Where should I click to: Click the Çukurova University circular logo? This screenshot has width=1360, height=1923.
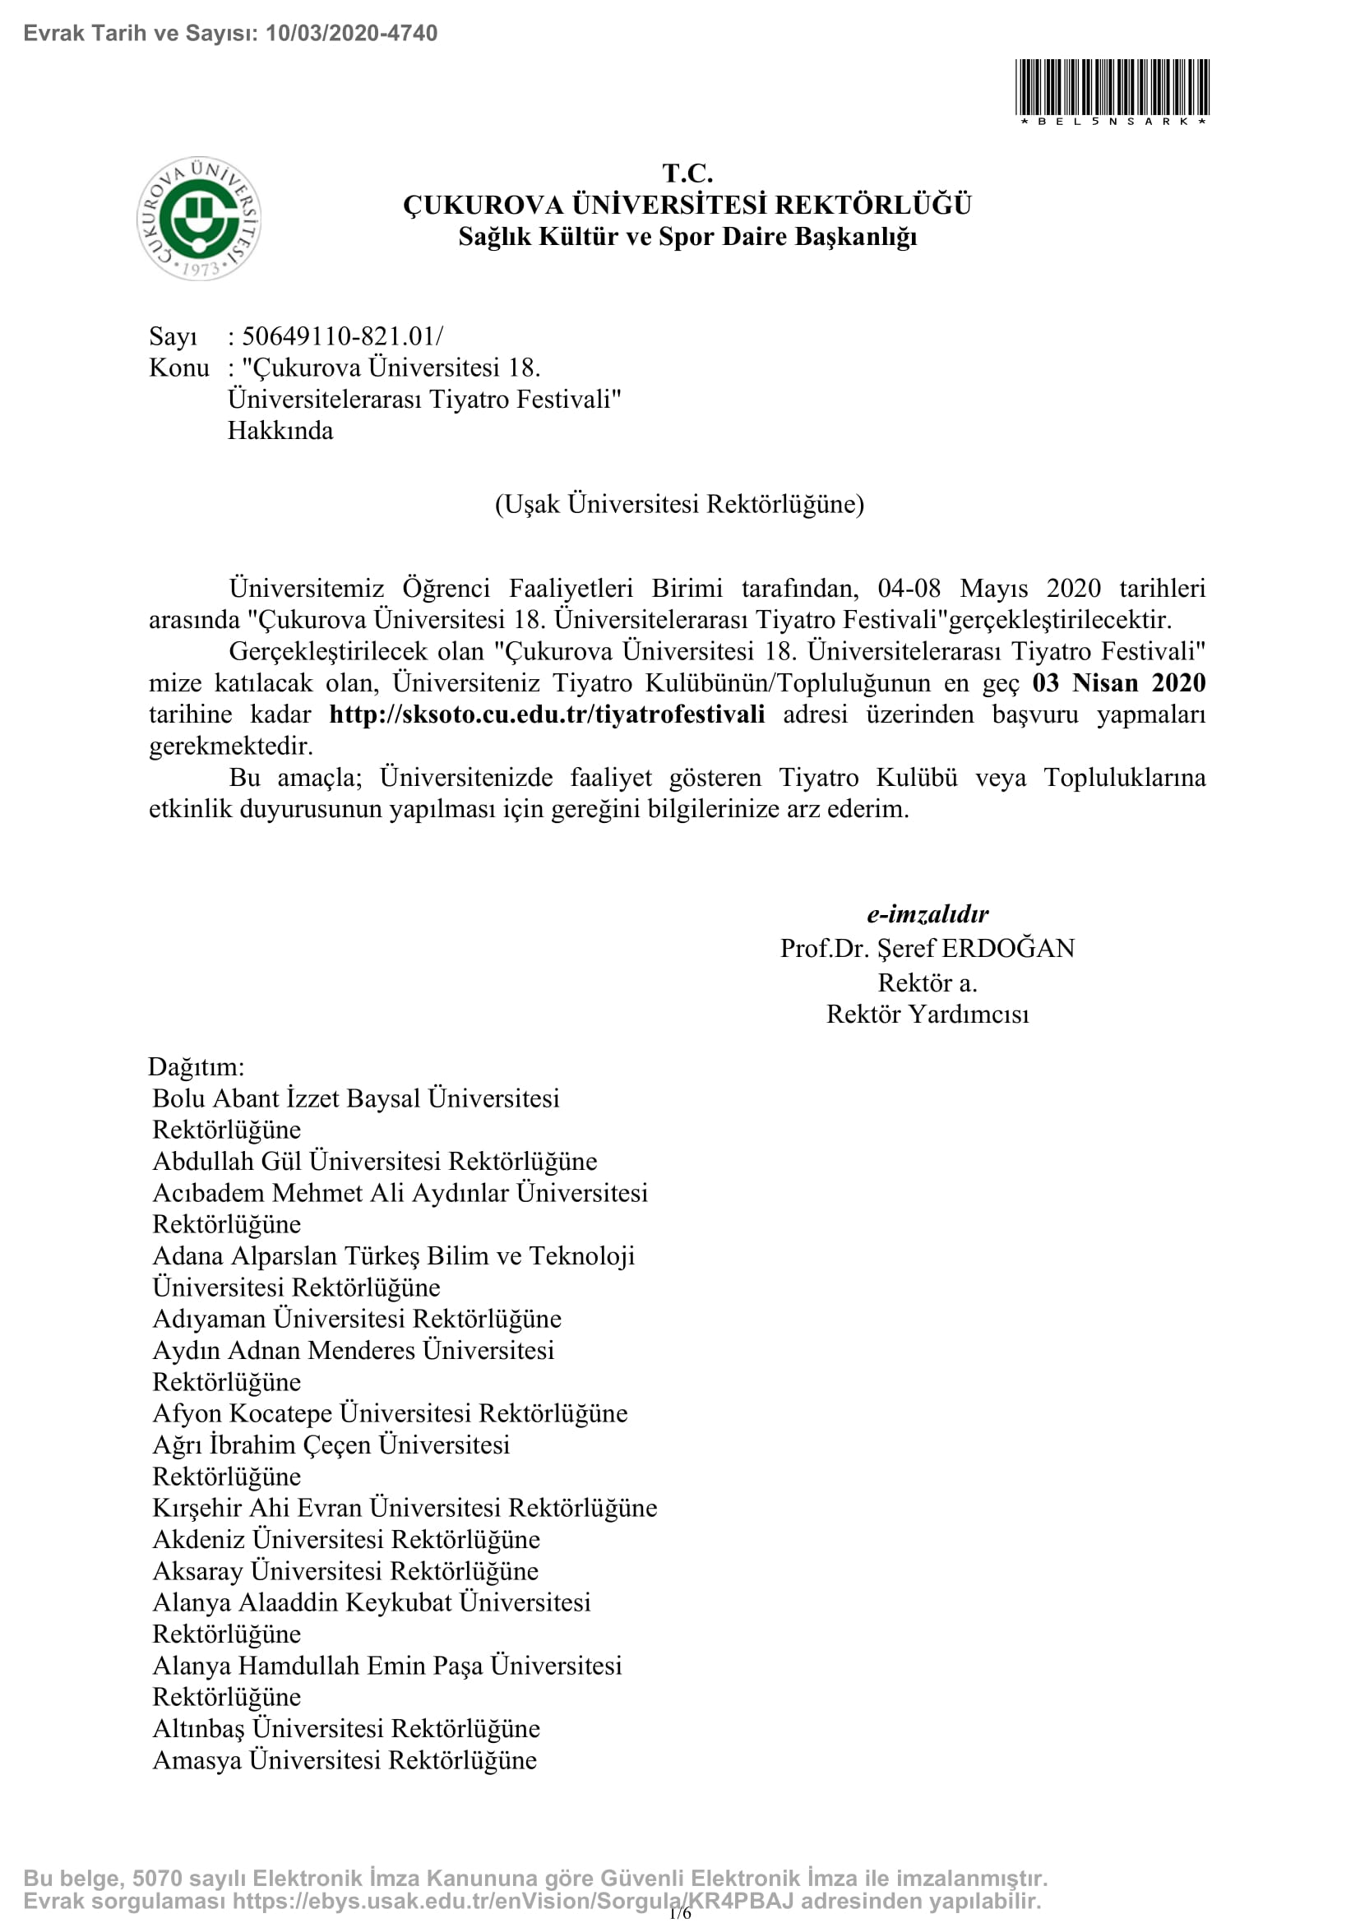point(198,218)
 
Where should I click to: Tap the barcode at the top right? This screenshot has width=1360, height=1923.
point(1112,88)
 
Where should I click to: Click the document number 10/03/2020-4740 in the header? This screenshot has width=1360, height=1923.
point(351,34)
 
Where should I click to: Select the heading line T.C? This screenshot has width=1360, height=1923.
point(687,173)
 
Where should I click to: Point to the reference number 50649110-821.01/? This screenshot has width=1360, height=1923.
point(342,336)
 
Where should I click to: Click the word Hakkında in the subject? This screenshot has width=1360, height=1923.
point(280,431)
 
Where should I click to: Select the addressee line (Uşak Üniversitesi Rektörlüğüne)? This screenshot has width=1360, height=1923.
point(679,504)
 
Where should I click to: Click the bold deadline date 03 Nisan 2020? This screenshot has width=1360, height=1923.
point(1118,682)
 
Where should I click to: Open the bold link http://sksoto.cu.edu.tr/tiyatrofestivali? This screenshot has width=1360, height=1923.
point(547,714)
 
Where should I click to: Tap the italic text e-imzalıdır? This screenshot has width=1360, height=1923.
point(927,913)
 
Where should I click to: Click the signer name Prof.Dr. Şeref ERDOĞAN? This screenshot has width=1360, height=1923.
point(927,948)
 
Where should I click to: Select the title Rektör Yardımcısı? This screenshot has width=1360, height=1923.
point(927,1015)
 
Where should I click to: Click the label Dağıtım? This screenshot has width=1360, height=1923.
point(196,1066)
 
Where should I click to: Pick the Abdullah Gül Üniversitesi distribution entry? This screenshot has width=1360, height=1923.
point(374,1161)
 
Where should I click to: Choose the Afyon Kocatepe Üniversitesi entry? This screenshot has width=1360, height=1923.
point(390,1413)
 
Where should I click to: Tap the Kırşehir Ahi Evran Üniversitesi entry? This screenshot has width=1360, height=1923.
point(405,1508)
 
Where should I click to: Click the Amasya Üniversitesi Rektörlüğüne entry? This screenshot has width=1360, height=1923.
point(345,1759)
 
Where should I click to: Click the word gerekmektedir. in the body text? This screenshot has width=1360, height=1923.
point(230,746)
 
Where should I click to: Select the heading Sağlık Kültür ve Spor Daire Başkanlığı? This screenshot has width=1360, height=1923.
point(687,237)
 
